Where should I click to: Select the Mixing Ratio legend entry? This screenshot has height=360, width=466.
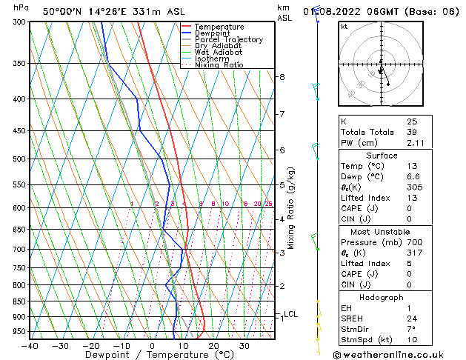coord(219,65)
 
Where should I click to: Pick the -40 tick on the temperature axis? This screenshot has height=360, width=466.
coord(30,346)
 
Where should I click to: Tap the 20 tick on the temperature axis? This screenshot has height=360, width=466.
coord(213,346)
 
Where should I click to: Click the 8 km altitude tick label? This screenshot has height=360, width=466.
coord(282,77)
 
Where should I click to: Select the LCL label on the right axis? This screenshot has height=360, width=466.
coord(290,314)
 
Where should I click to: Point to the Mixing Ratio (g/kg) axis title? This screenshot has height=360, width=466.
coord(291,207)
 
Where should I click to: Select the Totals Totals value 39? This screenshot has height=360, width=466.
coord(411,132)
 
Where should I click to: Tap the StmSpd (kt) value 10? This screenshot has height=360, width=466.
coord(411,341)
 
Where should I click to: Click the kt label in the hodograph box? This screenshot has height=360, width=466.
coord(344,27)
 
